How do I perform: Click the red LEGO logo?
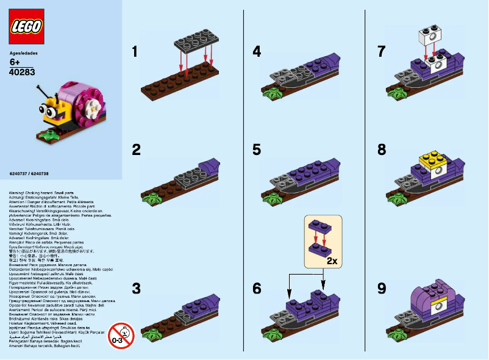pos(27,27)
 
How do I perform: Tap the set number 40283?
pos(22,72)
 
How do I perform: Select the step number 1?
pos(135,52)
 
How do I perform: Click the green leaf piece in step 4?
pos(271,94)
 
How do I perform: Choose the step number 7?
pos(382,52)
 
